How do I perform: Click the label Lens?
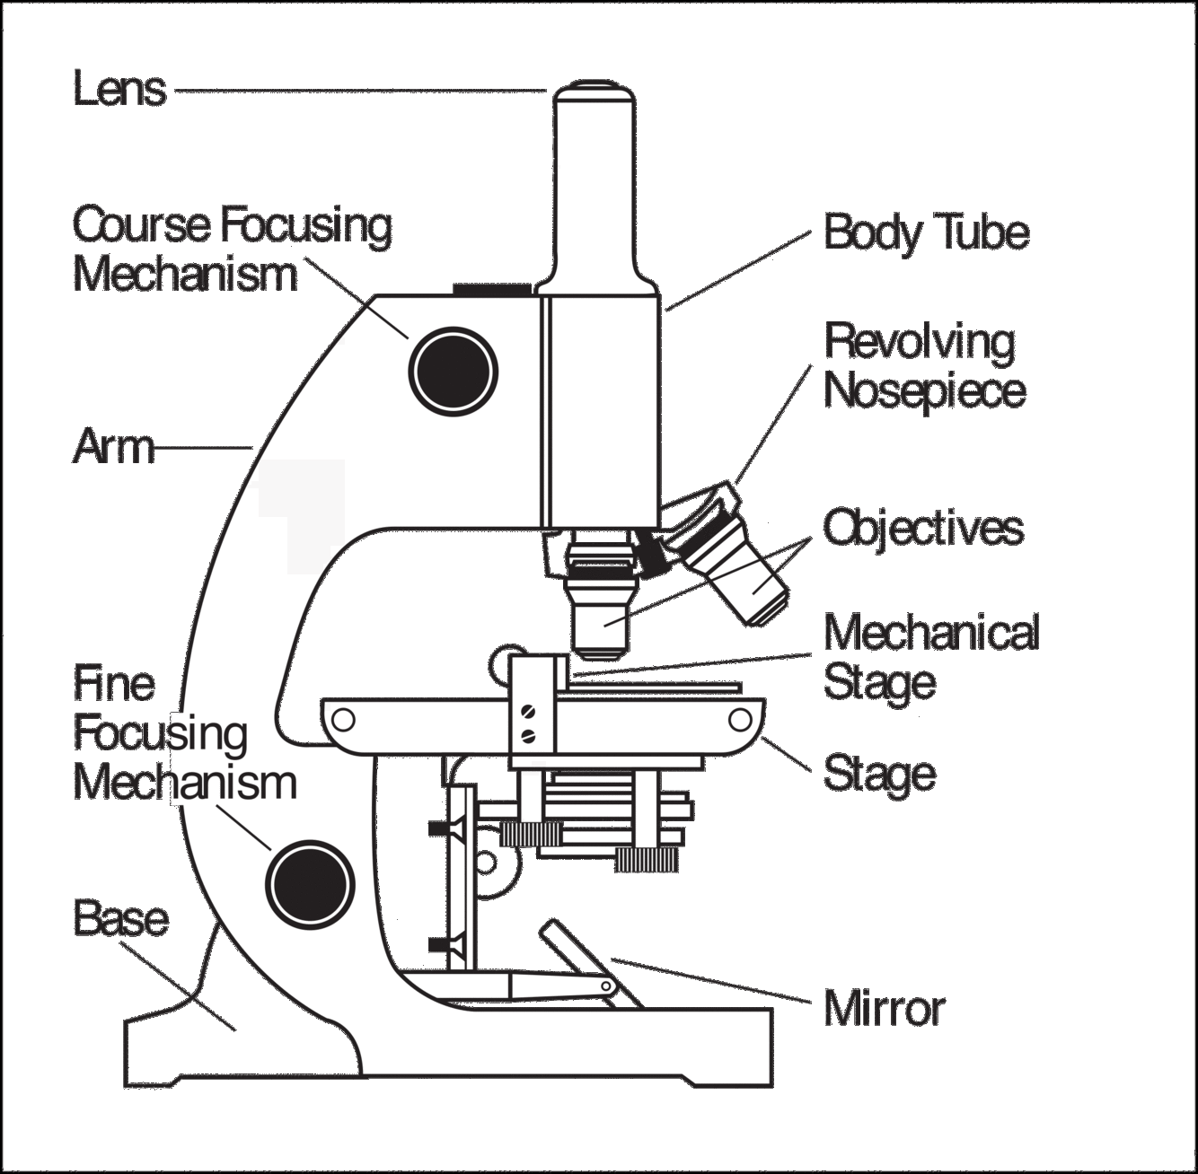119,90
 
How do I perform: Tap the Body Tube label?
926,232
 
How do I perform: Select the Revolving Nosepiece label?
924,365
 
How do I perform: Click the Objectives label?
923,528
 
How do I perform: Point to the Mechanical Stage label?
930,657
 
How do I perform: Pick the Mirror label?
884,1008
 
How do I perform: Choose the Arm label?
113,446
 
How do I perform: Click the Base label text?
120,918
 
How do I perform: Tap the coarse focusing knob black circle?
454,370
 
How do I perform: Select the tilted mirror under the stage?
589,960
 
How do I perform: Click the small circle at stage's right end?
741,720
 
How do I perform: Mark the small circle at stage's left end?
342,720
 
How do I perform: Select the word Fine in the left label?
113,684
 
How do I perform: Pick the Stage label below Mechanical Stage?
879,774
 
